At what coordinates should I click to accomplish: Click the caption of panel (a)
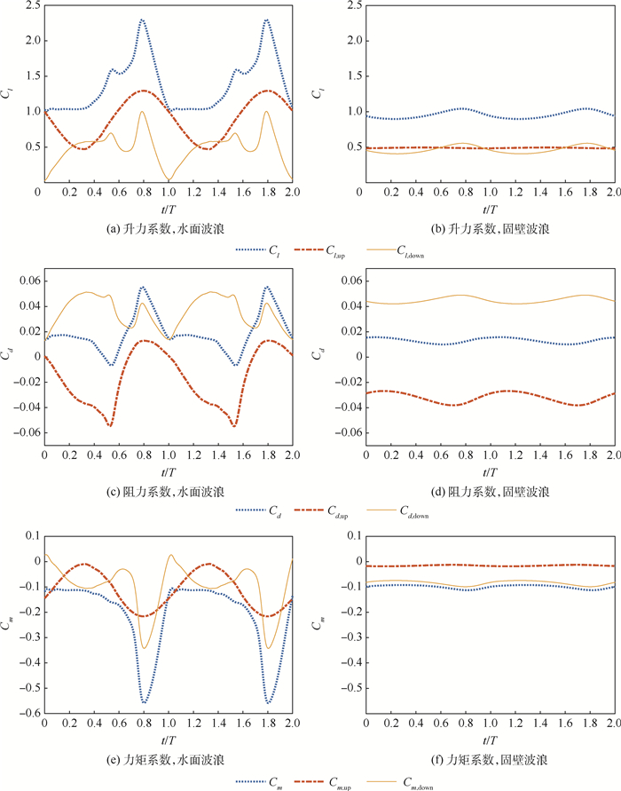point(168,228)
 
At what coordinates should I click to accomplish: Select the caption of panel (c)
point(168,491)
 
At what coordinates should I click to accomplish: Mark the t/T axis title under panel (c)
point(169,471)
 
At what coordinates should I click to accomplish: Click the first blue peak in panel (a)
point(142,20)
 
